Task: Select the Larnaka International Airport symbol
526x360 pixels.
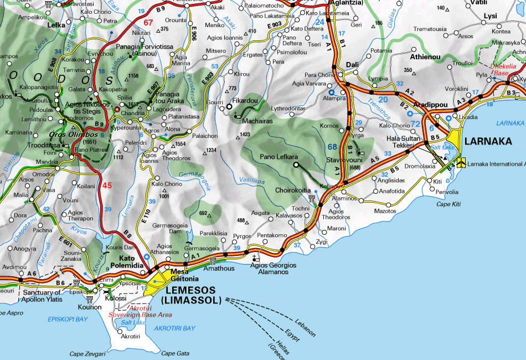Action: (461, 164)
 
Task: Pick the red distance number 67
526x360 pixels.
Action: (148, 23)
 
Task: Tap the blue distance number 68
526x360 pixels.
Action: (332, 147)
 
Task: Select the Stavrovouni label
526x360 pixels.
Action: (345, 160)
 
